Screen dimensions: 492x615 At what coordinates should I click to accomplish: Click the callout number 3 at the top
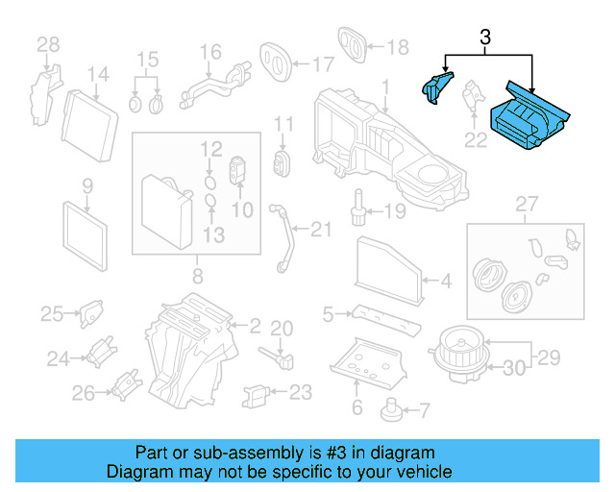click(485, 38)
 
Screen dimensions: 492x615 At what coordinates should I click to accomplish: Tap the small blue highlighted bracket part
click(436, 86)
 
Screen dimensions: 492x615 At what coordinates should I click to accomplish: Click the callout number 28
click(47, 44)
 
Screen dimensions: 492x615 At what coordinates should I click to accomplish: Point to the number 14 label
click(98, 75)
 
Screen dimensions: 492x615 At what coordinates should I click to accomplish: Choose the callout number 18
click(397, 46)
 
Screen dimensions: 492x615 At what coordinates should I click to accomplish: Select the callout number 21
click(320, 228)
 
